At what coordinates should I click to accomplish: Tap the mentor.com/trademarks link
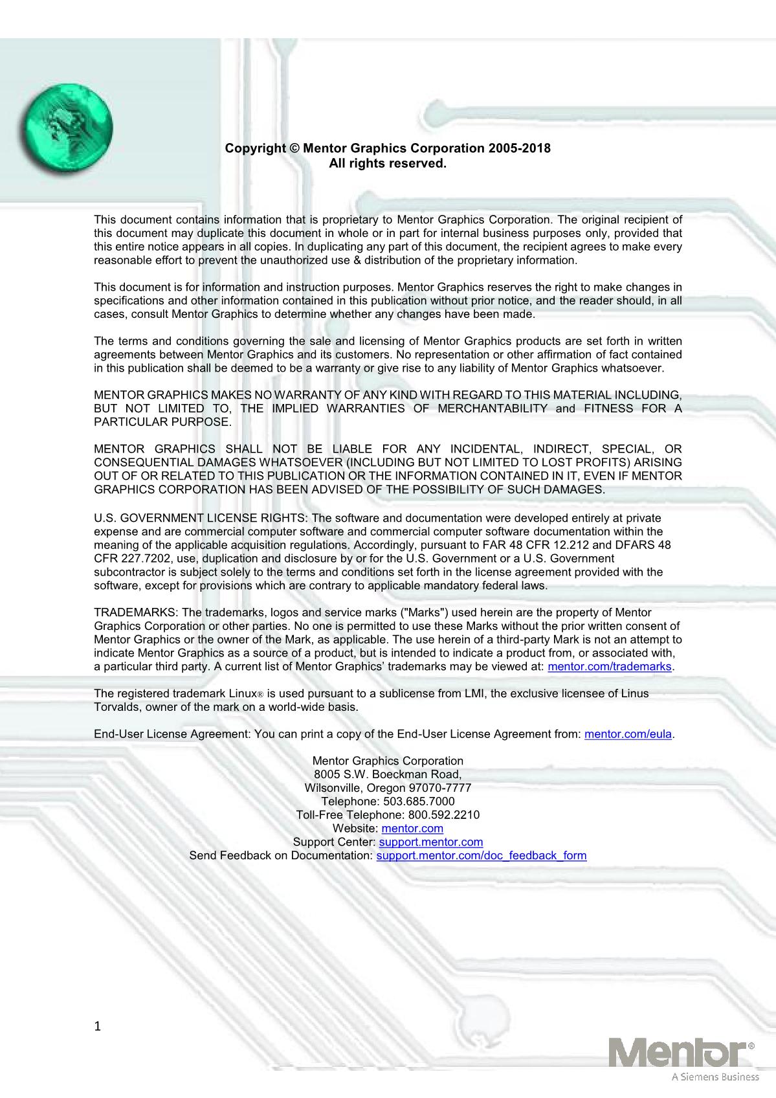pos(609,667)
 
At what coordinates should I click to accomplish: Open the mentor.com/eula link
pos(628,734)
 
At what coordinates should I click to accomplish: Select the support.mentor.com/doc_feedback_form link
pos(482,856)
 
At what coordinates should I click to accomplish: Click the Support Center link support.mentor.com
pos(430,842)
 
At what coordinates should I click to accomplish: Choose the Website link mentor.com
pos(412,829)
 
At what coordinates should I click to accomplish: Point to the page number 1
pos(98,1026)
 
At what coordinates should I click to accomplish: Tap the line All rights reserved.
pos(388,164)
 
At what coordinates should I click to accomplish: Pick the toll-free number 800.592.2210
pos(443,815)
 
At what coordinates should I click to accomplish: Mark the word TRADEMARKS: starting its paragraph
pos(137,612)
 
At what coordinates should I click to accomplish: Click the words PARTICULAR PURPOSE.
pos(162,422)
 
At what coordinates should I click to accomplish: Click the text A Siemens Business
pos(715,1077)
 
